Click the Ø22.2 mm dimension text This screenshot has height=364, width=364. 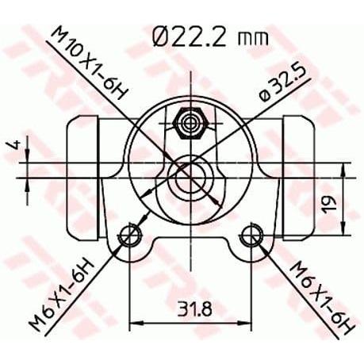[211, 38]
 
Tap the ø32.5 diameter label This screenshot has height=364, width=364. [282, 82]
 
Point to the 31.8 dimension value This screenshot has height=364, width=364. [194, 308]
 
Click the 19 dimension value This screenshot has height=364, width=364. [330, 203]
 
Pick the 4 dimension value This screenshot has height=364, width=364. [16, 145]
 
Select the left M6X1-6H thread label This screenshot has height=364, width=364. [62, 295]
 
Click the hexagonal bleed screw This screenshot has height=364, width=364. [190, 123]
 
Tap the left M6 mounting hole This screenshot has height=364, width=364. [129, 235]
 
